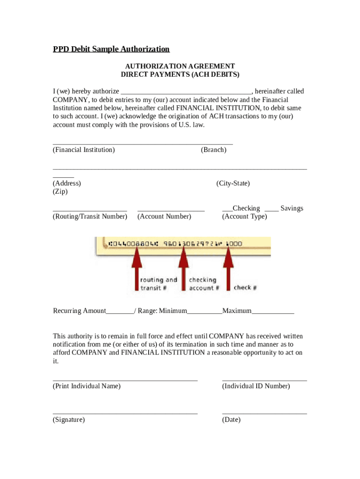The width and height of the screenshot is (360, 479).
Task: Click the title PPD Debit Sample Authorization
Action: pyautogui.click(x=111, y=49)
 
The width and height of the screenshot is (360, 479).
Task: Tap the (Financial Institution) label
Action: pyautogui.click(x=84, y=150)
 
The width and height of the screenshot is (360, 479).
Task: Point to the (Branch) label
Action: pyautogui.click(x=213, y=150)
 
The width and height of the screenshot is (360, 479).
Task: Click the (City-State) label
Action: pyautogui.click(x=233, y=183)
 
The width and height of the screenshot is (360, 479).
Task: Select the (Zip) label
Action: pyautogui.click(x=60, y=192)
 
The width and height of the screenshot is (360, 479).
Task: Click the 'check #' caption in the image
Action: pyautogui.click(x=245, y=288)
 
